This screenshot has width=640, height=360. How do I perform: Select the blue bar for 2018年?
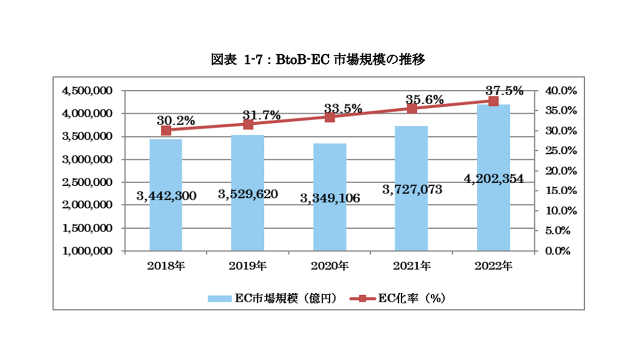point(166,220)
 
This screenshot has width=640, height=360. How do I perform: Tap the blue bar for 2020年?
point(329,225)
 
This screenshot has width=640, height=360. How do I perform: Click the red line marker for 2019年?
point(248,124)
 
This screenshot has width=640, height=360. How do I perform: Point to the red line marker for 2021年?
point(411,109)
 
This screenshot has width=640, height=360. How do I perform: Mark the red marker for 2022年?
point(493,101)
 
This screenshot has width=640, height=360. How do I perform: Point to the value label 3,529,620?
point(248,193)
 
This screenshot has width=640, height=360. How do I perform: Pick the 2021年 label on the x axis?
point(412,266)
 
